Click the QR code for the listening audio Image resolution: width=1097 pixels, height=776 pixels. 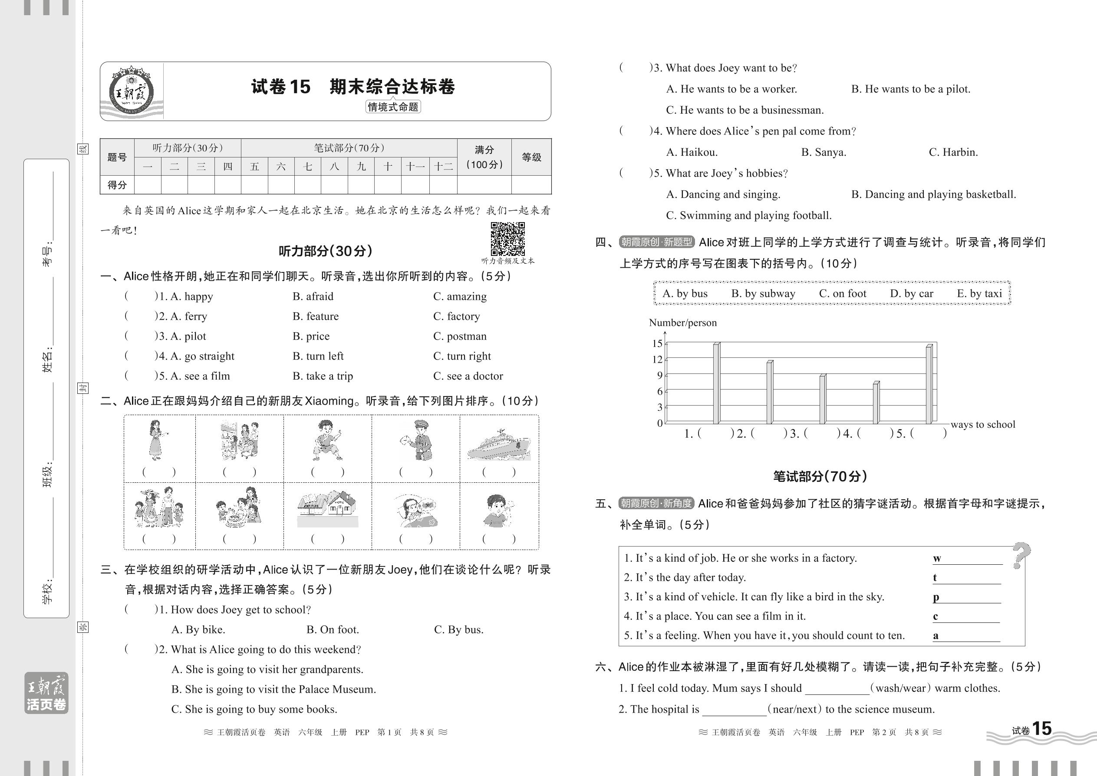point(507,239)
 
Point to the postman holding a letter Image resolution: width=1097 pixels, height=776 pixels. point(415,441)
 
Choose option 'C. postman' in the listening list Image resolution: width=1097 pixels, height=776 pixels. point(460,336)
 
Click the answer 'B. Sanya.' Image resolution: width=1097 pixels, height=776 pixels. point(824,152)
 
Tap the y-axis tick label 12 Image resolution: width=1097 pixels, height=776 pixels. point(657,359)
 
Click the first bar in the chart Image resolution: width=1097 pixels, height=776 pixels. point(716,383)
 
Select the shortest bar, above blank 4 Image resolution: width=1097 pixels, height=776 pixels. point(876,403)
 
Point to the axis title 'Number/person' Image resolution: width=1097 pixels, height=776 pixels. point(682,323)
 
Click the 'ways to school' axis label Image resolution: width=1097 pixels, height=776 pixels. point(982,424)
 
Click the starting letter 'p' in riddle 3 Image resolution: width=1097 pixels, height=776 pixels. point(936,597)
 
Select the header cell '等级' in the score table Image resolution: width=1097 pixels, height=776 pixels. point(531,157)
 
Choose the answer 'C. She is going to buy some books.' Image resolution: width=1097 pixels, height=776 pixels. point(254,709)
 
